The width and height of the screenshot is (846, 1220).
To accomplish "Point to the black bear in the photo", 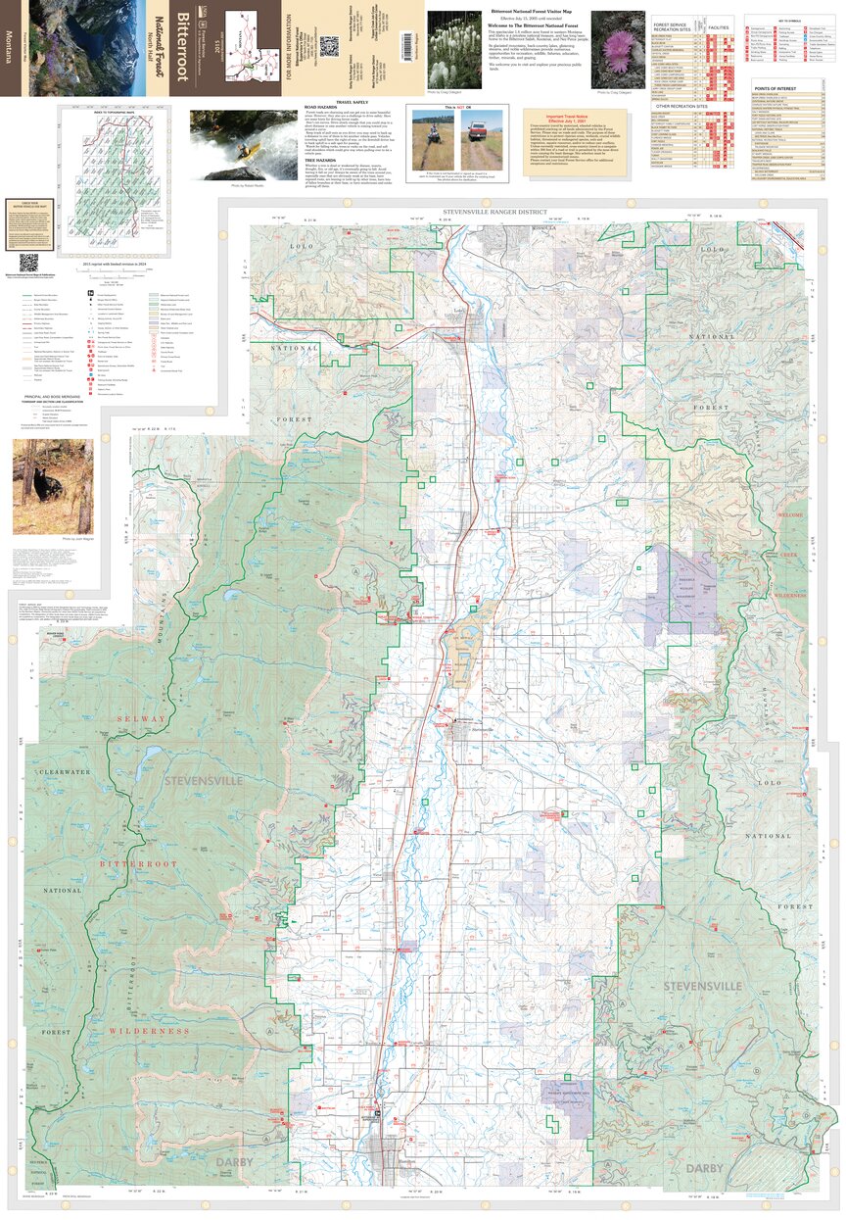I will pyautogui.click(x=46, y=484).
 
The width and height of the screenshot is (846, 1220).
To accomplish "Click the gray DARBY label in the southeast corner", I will pyautogui.click(x=704, y=1168).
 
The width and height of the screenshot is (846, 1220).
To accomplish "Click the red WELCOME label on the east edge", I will pyautogui.click(x=789, y=515).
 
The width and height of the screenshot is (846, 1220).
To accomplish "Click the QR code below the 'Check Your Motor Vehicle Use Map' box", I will pyautogui.click(x=28, y=263).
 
